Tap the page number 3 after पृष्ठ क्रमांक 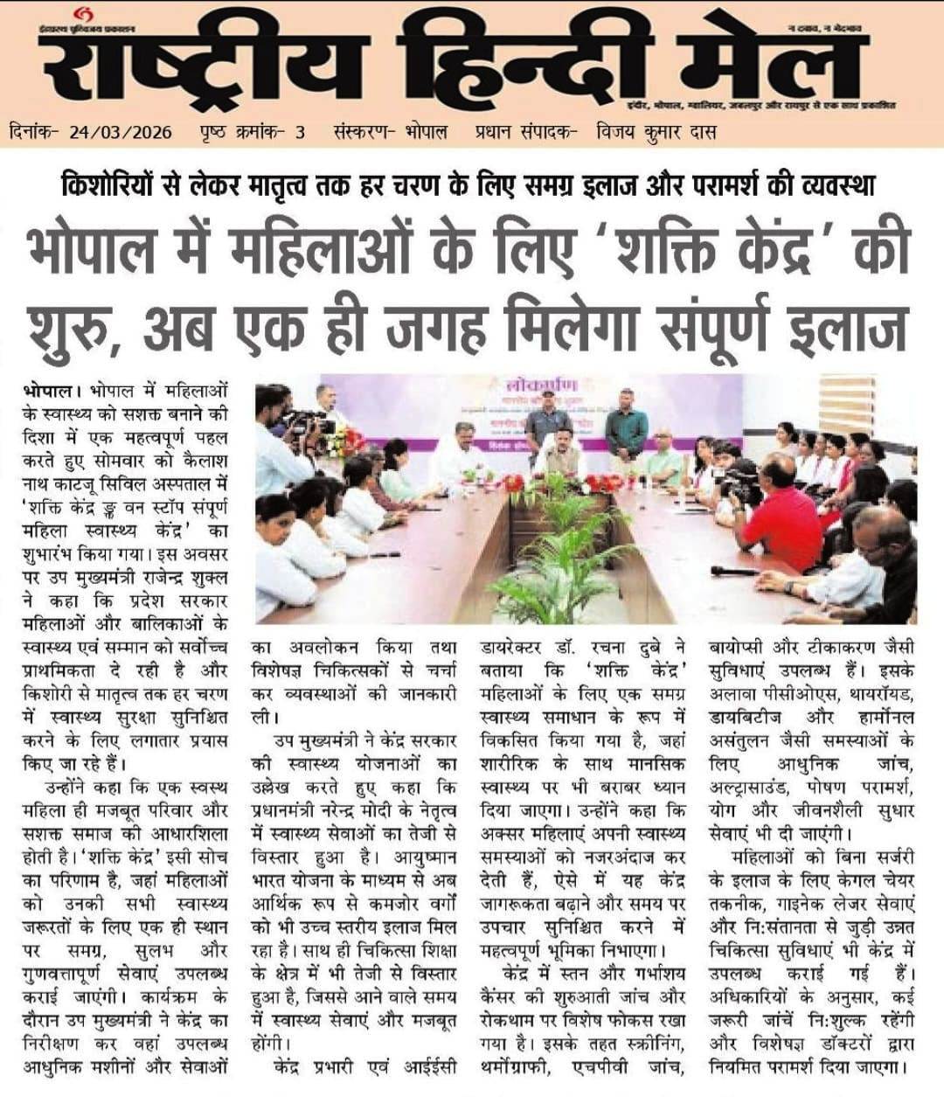click(x=300, y=133)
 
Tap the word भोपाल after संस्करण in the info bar click(x=427, y=133)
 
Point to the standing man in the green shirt click(x=626, y=425)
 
